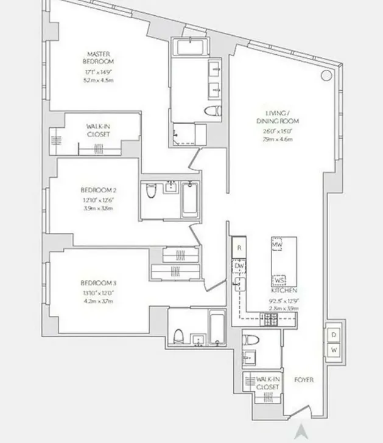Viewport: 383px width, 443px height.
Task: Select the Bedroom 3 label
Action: pyautogui.click(x=98, y=283)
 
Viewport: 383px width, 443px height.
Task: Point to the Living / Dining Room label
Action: pyautogui.click(x=282, y=117)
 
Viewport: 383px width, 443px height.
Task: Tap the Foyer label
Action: pyautogui.click(x=303, y=380)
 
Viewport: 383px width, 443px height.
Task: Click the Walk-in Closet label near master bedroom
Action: pyautogui.click(x=97, y=130)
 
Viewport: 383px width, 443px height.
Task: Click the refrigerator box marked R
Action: pyautogui.click(x=239, y=248)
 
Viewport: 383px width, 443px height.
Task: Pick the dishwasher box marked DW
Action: pyautogui.click(x=239, y=265)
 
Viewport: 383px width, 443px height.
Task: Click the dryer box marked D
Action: pyautogui.click(x=334, y=335)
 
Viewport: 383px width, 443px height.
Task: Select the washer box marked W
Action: pyautogui.click(x=334, y=350)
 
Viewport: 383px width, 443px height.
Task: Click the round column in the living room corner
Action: pyautogui.click(x=326, y=75)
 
